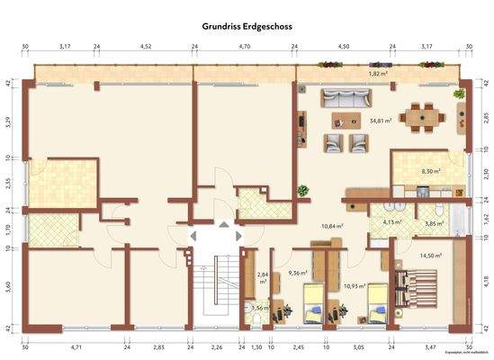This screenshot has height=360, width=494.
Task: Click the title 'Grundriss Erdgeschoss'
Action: click(x=247, y=27)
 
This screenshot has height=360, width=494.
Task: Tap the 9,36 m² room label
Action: click(x=298, y=272)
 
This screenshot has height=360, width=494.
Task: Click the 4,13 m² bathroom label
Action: click(x=391, y=221)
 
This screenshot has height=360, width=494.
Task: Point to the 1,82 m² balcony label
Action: click(x=378, y=74)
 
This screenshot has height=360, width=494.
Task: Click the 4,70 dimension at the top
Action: click(x=244, y=44)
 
